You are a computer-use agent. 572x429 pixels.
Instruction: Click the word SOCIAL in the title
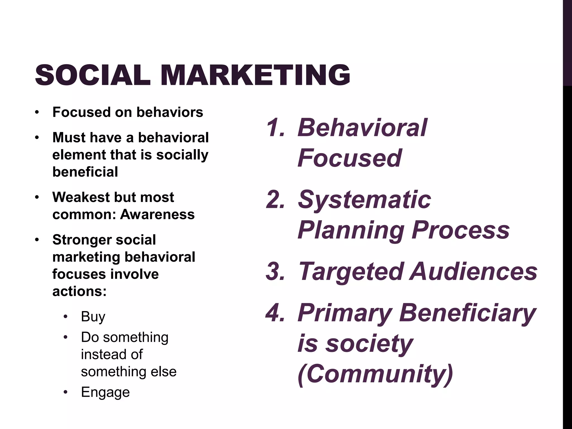click(93, 75)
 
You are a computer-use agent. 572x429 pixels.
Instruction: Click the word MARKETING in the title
click(255, 75)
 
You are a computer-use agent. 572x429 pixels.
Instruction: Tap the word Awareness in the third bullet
click(157, 214)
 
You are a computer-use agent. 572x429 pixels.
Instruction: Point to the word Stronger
click(80, 240)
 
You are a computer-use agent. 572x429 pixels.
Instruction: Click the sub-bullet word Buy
click(93, 316)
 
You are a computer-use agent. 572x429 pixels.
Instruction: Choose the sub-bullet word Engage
click(105, 392)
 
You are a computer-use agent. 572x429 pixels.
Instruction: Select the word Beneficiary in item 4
click(467, 313)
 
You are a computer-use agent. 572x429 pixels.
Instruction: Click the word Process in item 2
click(460, 230)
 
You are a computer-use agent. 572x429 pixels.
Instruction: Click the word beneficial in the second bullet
click(85, 172)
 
